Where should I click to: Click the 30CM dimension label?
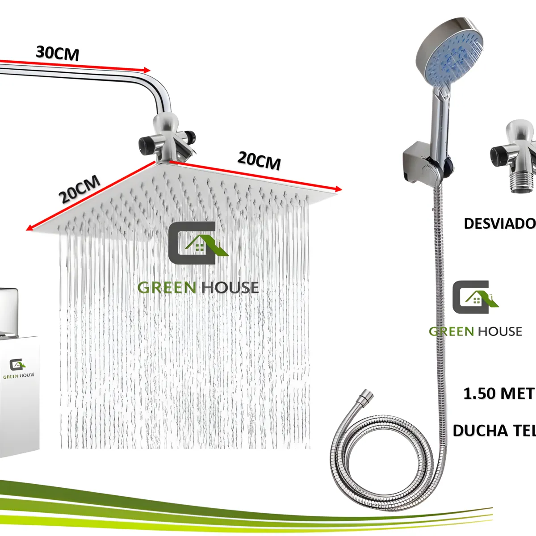click(58, 53)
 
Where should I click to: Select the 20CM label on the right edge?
click(259, 160)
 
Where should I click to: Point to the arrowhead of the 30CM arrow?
click(147, 70)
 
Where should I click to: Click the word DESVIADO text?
click(499, 223)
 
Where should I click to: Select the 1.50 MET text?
click(498, 394)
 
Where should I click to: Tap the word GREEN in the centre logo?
click(167, 288)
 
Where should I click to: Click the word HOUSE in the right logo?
click(500, 331)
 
